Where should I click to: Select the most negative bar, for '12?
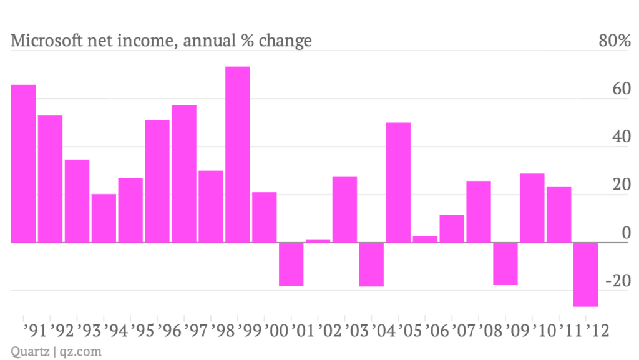(586, 275)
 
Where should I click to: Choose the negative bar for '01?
(291, 264)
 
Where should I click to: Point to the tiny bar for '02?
(318, 241)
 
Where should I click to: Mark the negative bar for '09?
(505, 263)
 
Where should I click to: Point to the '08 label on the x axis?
(490, 328)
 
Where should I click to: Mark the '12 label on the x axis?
(596, 328)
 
